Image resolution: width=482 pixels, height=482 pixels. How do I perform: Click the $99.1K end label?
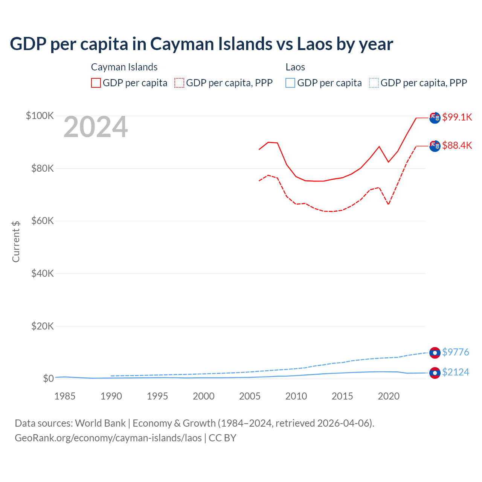tap(457, 117)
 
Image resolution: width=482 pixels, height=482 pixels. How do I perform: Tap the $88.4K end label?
tap(457, 145)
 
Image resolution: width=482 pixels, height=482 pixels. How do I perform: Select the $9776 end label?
tap(455, 352)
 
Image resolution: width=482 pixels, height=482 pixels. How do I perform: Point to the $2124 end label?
tap(455, 372)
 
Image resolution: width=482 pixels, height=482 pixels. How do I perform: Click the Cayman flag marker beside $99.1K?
tap(435, 118)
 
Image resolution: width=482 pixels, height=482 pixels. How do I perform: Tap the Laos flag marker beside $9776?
tap(435, 353)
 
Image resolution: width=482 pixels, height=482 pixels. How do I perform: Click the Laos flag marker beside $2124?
tap(435, 373)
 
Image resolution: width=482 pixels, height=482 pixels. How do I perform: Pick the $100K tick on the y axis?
tap(40, 116)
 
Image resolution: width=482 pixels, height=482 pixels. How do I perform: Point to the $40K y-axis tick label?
tap(43, 273)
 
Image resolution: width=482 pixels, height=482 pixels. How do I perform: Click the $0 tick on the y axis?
tap(48, 378)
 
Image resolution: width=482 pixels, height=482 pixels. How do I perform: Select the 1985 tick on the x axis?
tap(65, 396)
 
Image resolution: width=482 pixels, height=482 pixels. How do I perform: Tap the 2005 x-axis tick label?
tap(250, 396)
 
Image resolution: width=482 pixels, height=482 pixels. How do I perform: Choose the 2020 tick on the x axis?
tap(389, 396)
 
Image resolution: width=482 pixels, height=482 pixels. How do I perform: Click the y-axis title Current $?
tap(16, 241)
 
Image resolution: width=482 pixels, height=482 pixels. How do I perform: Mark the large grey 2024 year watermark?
tap(96, 127)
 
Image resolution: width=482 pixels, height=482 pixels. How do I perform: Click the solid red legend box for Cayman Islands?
tap(96, 83)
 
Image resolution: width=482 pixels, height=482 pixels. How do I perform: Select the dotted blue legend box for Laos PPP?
tap(374, 83)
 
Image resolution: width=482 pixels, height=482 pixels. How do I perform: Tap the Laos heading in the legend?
tap(295, 67)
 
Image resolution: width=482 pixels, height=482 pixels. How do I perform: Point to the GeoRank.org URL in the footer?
tap(108, 438)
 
